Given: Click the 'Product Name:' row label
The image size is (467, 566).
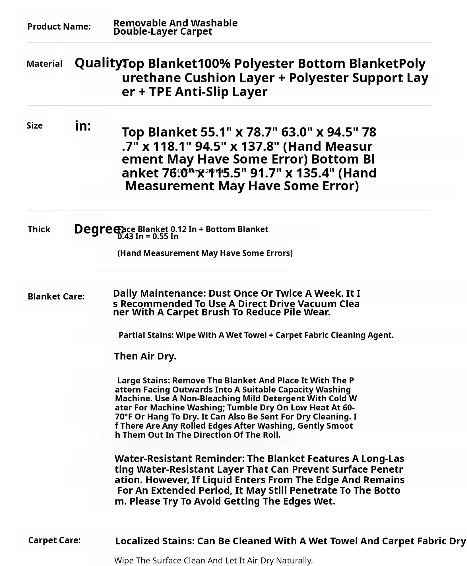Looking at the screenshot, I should (59, 26).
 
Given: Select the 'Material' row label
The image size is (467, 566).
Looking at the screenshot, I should (44, 64).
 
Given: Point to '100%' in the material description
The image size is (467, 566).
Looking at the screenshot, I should (214, 63).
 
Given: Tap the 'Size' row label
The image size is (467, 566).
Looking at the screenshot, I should (34, 125).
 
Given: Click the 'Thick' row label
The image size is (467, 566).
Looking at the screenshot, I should (39, 229).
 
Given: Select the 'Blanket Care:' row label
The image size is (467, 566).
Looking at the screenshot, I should (56, 296).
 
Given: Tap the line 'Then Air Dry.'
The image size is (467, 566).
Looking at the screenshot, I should (145, 356).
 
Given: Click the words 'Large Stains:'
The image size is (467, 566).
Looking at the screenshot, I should (144, 380).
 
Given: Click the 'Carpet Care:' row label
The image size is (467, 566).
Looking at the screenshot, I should (54, 540).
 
